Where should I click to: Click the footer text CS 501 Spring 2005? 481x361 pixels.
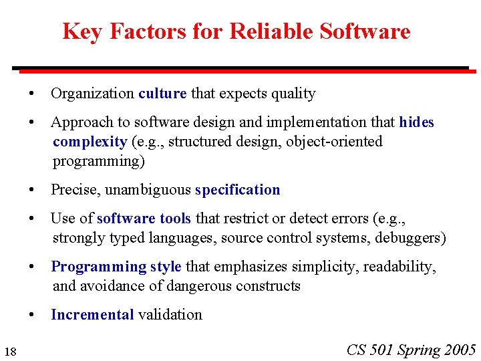click(x=411, y=350)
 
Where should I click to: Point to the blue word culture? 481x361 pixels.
click(x=162, y=94)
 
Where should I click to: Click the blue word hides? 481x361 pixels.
click(x=416, y=122)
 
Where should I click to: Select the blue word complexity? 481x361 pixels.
click(x=90, y=142)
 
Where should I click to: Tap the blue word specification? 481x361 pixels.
click(x=238, y=190)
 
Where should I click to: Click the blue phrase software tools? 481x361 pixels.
click(x=144, y=219)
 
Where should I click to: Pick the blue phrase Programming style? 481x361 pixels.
click(x=116, y=267)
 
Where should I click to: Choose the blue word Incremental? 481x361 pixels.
click(x=92, y=315)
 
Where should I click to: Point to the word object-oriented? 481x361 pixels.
click(x=339, y=142)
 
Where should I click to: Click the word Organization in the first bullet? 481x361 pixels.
click(x=92, y=94)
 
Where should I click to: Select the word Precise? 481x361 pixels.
click(x=73, y=190)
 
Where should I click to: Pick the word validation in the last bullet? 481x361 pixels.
click(x=170, y=315)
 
